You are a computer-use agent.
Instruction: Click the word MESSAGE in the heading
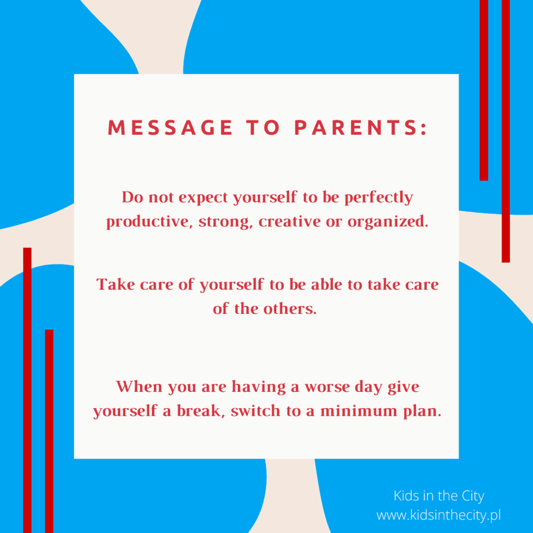click(x=170, y=128)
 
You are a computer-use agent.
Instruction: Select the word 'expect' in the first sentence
click(x=203, y=198)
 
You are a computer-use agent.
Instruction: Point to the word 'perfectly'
click(x=379, y=198)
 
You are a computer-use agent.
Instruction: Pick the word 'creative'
click(x=289, y=221)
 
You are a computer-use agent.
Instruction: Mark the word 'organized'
click(x=387, y=222)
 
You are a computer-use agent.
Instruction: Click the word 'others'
click(x=289, y=309)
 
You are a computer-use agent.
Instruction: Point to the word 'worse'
click(x=327, y=387)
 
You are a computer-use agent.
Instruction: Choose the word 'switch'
click(x=256, y=411)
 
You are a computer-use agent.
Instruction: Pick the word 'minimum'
click(x=359, y=411)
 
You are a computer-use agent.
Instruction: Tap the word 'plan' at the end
click(x=422, y=411)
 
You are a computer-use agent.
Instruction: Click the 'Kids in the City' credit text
click(x=439, y=496)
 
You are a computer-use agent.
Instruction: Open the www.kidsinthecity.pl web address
click(x=438, y=515)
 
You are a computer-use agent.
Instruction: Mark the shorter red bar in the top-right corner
click(x=484, y=90)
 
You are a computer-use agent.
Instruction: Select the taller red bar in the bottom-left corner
click(x=27, y=390)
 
